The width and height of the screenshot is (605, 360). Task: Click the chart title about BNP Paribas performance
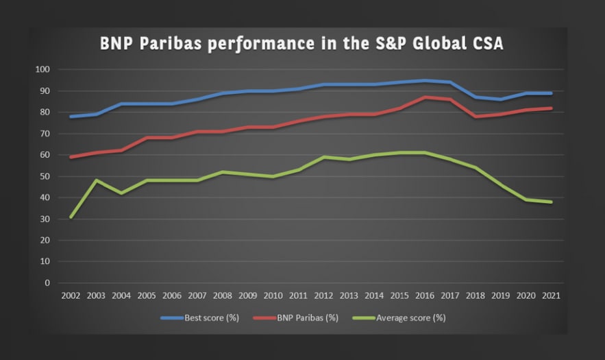coord(301,44)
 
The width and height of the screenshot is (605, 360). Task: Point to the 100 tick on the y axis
coord(42,69)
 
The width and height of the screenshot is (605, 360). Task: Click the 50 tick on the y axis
coord(45,176)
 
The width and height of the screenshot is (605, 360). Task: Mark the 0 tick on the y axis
coord(47,283)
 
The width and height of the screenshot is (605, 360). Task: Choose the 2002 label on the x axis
coord(71,296)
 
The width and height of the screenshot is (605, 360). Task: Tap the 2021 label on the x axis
coord(551,296)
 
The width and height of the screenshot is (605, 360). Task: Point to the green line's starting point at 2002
coord(71,217)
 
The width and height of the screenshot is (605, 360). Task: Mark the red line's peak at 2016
coord(425,97)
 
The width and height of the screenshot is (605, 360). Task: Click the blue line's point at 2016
coord(425,80)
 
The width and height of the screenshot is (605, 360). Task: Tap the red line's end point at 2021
coord(551,108)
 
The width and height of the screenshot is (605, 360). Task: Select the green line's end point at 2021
coord(551,202)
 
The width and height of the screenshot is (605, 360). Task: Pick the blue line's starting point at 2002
coord(71,117)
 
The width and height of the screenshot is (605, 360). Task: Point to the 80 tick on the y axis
coord(45,112)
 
